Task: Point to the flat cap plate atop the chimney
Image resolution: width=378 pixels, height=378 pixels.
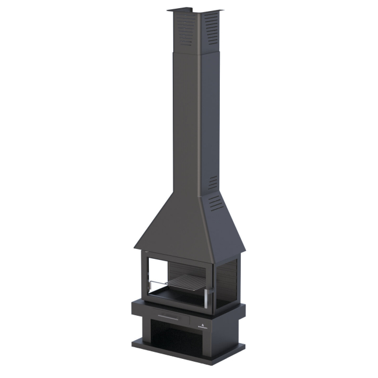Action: coord(195,10)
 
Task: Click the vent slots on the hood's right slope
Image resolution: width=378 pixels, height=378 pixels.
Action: coord(216,202)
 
